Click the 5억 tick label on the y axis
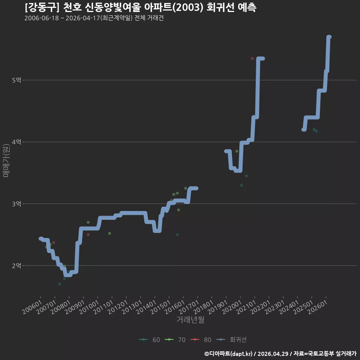(16, 80)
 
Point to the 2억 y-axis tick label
(16, 265)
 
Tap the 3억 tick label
(16, 204)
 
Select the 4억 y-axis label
(16, 142)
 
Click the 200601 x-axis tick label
(33, 307)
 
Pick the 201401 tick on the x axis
(147, 307)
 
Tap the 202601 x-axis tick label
(318, 307)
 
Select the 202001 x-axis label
(232, 307)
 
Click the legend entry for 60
(150, 340)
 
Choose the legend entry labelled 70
(175, 340)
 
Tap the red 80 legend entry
(201, 340)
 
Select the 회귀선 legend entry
(231, 340)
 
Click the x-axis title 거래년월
(190, 319)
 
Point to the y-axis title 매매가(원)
(6, 160)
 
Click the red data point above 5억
(252, 58)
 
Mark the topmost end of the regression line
(329, 37)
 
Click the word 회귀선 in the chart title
(220, 7)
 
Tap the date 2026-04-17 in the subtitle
(82, 18)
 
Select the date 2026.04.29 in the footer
(273, 354)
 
